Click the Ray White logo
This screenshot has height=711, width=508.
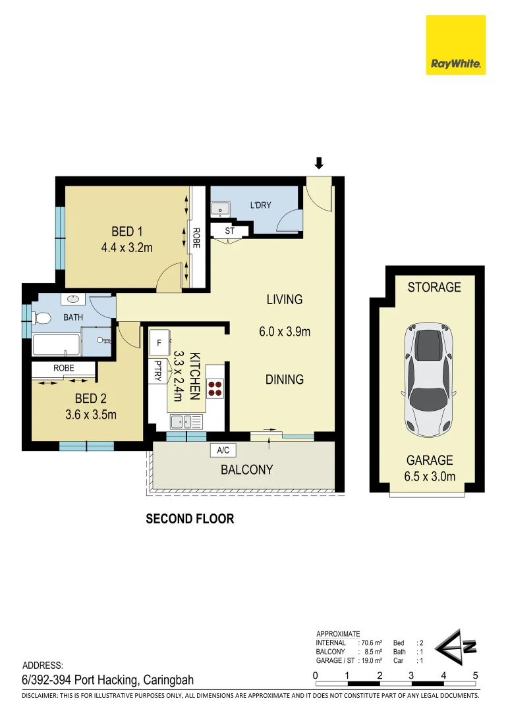click(x=455, y=45)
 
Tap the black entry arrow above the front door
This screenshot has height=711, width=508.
click(x=319, y=163)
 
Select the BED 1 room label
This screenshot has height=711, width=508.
click(x=127, y=232)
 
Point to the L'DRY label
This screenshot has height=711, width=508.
click(x=260, y=205)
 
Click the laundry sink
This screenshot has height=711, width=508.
click(x=221, y=209)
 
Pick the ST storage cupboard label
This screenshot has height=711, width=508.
click(x=230, y=231)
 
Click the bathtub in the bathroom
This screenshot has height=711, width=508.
click(x=56, y=344)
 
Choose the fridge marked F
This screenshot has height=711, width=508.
click(x=159, y=343)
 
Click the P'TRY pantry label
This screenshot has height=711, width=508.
click(x=157, y=371)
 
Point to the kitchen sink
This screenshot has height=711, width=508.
click(x=186, y=422)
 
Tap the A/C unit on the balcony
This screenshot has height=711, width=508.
click(x=223, y=450)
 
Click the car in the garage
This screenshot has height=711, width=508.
click(x=428, y=380)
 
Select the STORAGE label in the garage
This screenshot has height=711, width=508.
click(x=434, y=287)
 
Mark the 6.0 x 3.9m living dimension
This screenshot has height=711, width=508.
click(x=285, y=331)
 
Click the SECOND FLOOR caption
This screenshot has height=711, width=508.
click(x=190, y=519)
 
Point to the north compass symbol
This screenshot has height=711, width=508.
click(x=455, y=647)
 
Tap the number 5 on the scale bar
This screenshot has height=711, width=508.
click(x=475, y=675)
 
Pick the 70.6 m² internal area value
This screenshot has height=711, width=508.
click(x=372, y=643)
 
